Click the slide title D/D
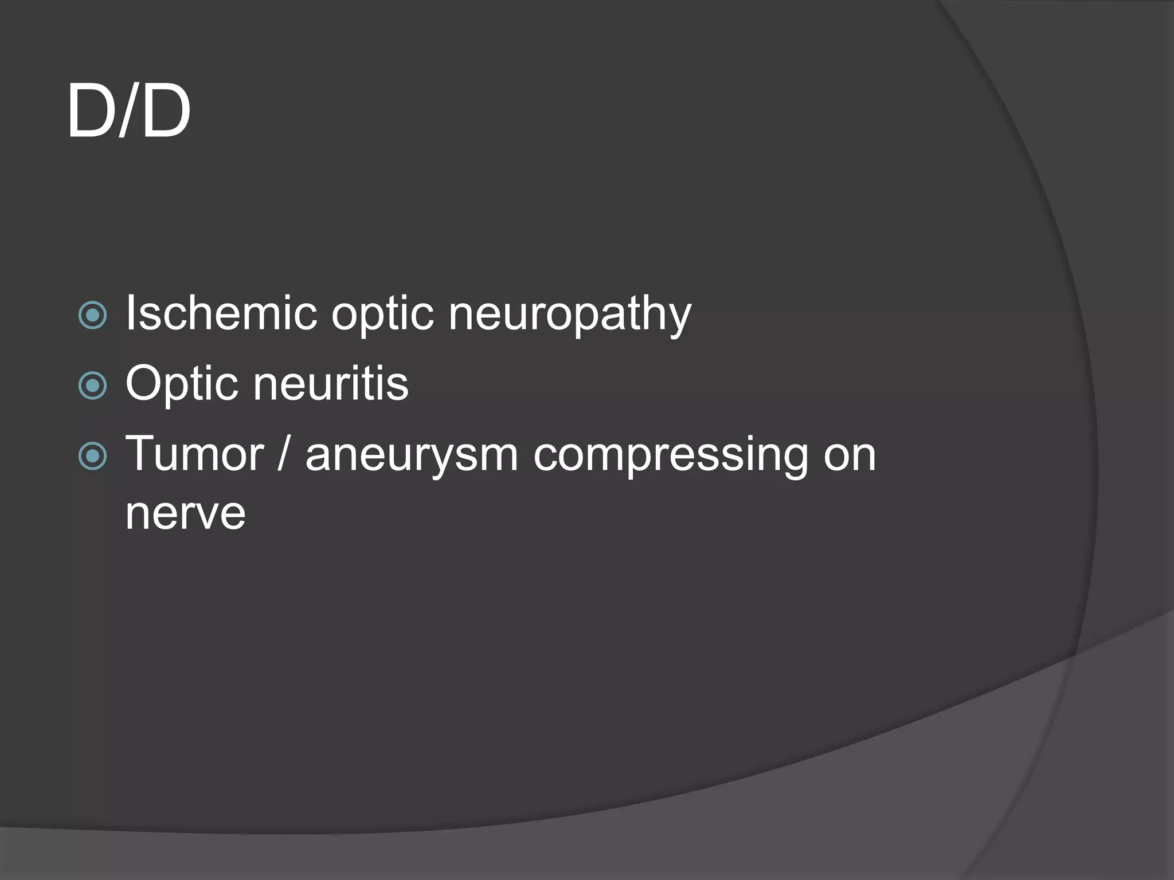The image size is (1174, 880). click(128, 111)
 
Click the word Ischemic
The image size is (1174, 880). click(221, 313)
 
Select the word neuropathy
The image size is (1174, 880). click(570, 315)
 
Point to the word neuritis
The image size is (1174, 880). click(331, 384)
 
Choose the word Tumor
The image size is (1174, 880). click(194, 454)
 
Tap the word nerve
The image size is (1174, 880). click(185, 513)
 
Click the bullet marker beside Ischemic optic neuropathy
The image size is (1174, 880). click(92, 315)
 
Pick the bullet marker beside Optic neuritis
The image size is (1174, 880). click(92, 386)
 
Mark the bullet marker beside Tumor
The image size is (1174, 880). click(92, 456)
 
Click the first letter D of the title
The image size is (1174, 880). click(92, 111)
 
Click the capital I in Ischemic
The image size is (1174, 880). click(130, 313)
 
